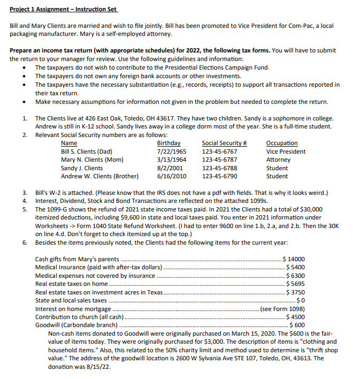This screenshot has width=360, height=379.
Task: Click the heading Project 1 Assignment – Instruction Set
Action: coord(63,10)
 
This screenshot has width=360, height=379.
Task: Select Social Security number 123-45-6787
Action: coord(219,160)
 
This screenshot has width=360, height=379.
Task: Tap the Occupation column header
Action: coord(281,143)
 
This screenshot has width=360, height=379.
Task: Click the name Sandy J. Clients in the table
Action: coord(82,168)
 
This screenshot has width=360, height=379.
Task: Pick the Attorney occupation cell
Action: coord(278,160)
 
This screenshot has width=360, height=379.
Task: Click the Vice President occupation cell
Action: coord(286,151)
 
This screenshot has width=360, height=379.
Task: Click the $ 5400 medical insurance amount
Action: coord(296,267)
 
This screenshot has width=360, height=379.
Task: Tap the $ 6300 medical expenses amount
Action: coord(296,276)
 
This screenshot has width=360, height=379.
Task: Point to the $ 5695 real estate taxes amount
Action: coord(296,284)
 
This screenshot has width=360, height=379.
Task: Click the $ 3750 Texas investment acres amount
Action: coord(296,292)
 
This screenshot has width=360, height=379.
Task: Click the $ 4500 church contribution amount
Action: coord(296,317)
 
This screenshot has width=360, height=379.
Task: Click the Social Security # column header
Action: coord(224,143)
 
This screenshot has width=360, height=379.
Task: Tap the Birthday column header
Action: coord(168,143)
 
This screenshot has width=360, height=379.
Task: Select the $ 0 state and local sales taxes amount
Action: coord(300,300)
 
